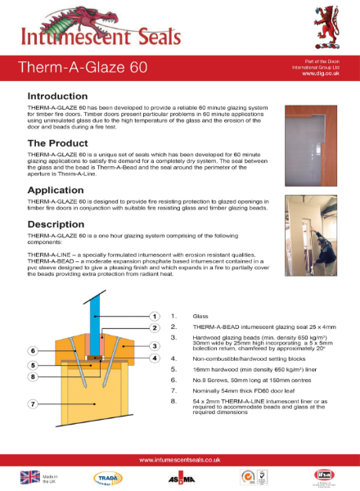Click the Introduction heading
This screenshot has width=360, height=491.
pos(58,96)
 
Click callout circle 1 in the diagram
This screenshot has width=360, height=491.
pos(153,315)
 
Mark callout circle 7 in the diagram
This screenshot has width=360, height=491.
pos(32,404)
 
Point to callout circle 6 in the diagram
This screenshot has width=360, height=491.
pos(32,350)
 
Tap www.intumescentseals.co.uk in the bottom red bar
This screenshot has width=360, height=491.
pos(179,459)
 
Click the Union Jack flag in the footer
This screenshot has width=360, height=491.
pos(25,476)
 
